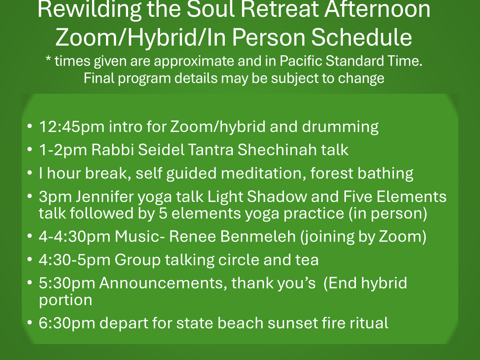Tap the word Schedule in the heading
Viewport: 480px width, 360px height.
[362, 37]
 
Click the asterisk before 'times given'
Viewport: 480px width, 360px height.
[48, 58]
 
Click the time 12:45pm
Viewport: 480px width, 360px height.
[72, 126]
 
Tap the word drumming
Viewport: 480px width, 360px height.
[340, 126]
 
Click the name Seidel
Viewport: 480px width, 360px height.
[161, 150]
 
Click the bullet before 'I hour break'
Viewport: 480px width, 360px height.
[30, 173]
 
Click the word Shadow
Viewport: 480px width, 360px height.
[277, 197]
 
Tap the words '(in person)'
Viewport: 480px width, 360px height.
[388, 213]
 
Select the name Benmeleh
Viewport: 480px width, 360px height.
[258, 236]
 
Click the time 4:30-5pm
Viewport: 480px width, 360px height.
[74, 260]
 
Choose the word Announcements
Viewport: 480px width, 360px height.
[163, 283]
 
